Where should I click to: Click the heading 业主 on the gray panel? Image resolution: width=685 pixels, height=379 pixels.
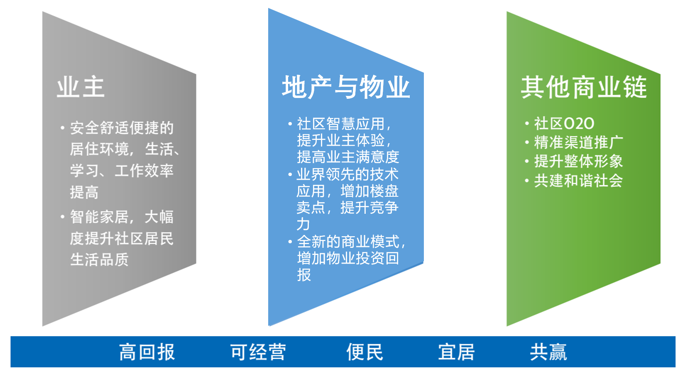pyautogui.click(x=81, y=88)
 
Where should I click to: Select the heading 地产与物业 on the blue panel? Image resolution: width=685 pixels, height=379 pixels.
pyautogui.click(x=346, y=88)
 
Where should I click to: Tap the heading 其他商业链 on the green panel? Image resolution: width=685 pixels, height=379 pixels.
pyautogui.click(x=584, y=88)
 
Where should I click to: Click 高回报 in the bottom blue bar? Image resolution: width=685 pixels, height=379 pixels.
pyautogui.click(x=147, y=352)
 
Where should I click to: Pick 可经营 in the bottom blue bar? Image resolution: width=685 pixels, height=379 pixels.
pyautogui.click(x=258, y=352)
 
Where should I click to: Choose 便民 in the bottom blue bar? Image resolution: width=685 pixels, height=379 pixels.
pyautogui.click(x=365, y=352)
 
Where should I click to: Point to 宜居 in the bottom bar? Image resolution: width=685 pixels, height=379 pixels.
pyautogui.click(x=457, y=352)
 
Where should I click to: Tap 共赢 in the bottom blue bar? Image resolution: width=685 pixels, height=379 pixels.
pyautogui.click(x=548, y=352)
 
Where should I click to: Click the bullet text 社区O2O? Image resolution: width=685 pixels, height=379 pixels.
pyautogui.click(x=564, y=124)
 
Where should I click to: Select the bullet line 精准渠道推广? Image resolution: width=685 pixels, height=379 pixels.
pyautogui.click(x=579, y=142)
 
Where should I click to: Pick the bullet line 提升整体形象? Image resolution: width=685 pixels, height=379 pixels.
pyautogui.click(x=579, y=161)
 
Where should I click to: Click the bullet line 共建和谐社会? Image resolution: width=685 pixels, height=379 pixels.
pyautogui.click(x=579, y=181)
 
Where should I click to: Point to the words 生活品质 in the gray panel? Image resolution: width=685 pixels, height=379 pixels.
pyautogui.click(x=99, y=260)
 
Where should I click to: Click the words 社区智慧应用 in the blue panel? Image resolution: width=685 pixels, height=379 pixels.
pyautogui.click(x=341, y=124)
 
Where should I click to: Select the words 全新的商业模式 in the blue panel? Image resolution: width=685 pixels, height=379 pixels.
pyautogui.click(x=348, y=242)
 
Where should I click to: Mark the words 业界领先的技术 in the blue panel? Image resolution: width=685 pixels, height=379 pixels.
pyautogui.click(x=348, y=175)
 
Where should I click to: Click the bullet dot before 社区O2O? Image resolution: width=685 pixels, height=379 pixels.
pyautogui.click(x=527, y=123)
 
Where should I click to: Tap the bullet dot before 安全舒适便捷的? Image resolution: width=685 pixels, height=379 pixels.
pyautogui.click(x=63, y=127)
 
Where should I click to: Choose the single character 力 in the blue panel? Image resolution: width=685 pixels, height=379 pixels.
pyautogui.click(x=303, y=224)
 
